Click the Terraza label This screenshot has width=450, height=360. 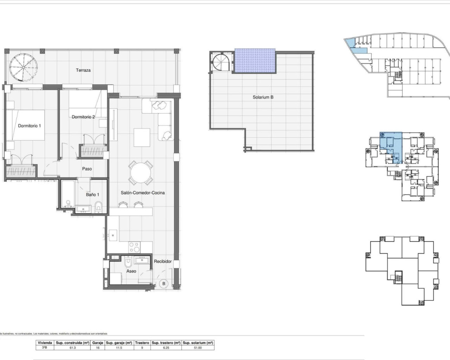click(83, 70)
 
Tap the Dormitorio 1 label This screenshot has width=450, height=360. click(30, 126)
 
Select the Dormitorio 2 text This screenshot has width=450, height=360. click(83, 117)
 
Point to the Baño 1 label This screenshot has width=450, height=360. click(92, 194)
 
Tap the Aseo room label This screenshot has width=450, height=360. click(131, 271)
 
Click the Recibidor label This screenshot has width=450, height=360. click(163, 262)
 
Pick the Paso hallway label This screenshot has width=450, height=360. click(87, 169)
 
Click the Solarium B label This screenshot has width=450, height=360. click(263, 97)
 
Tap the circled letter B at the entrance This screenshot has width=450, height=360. click(163, 284)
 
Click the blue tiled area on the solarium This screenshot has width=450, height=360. click(255, 61)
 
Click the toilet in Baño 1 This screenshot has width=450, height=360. click(98, 207)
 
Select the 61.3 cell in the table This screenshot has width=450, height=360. click(72, 348)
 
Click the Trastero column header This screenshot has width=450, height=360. click(142, 342)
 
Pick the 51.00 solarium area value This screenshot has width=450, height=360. click(198, 348)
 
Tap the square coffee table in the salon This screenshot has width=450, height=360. click(142, 137)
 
